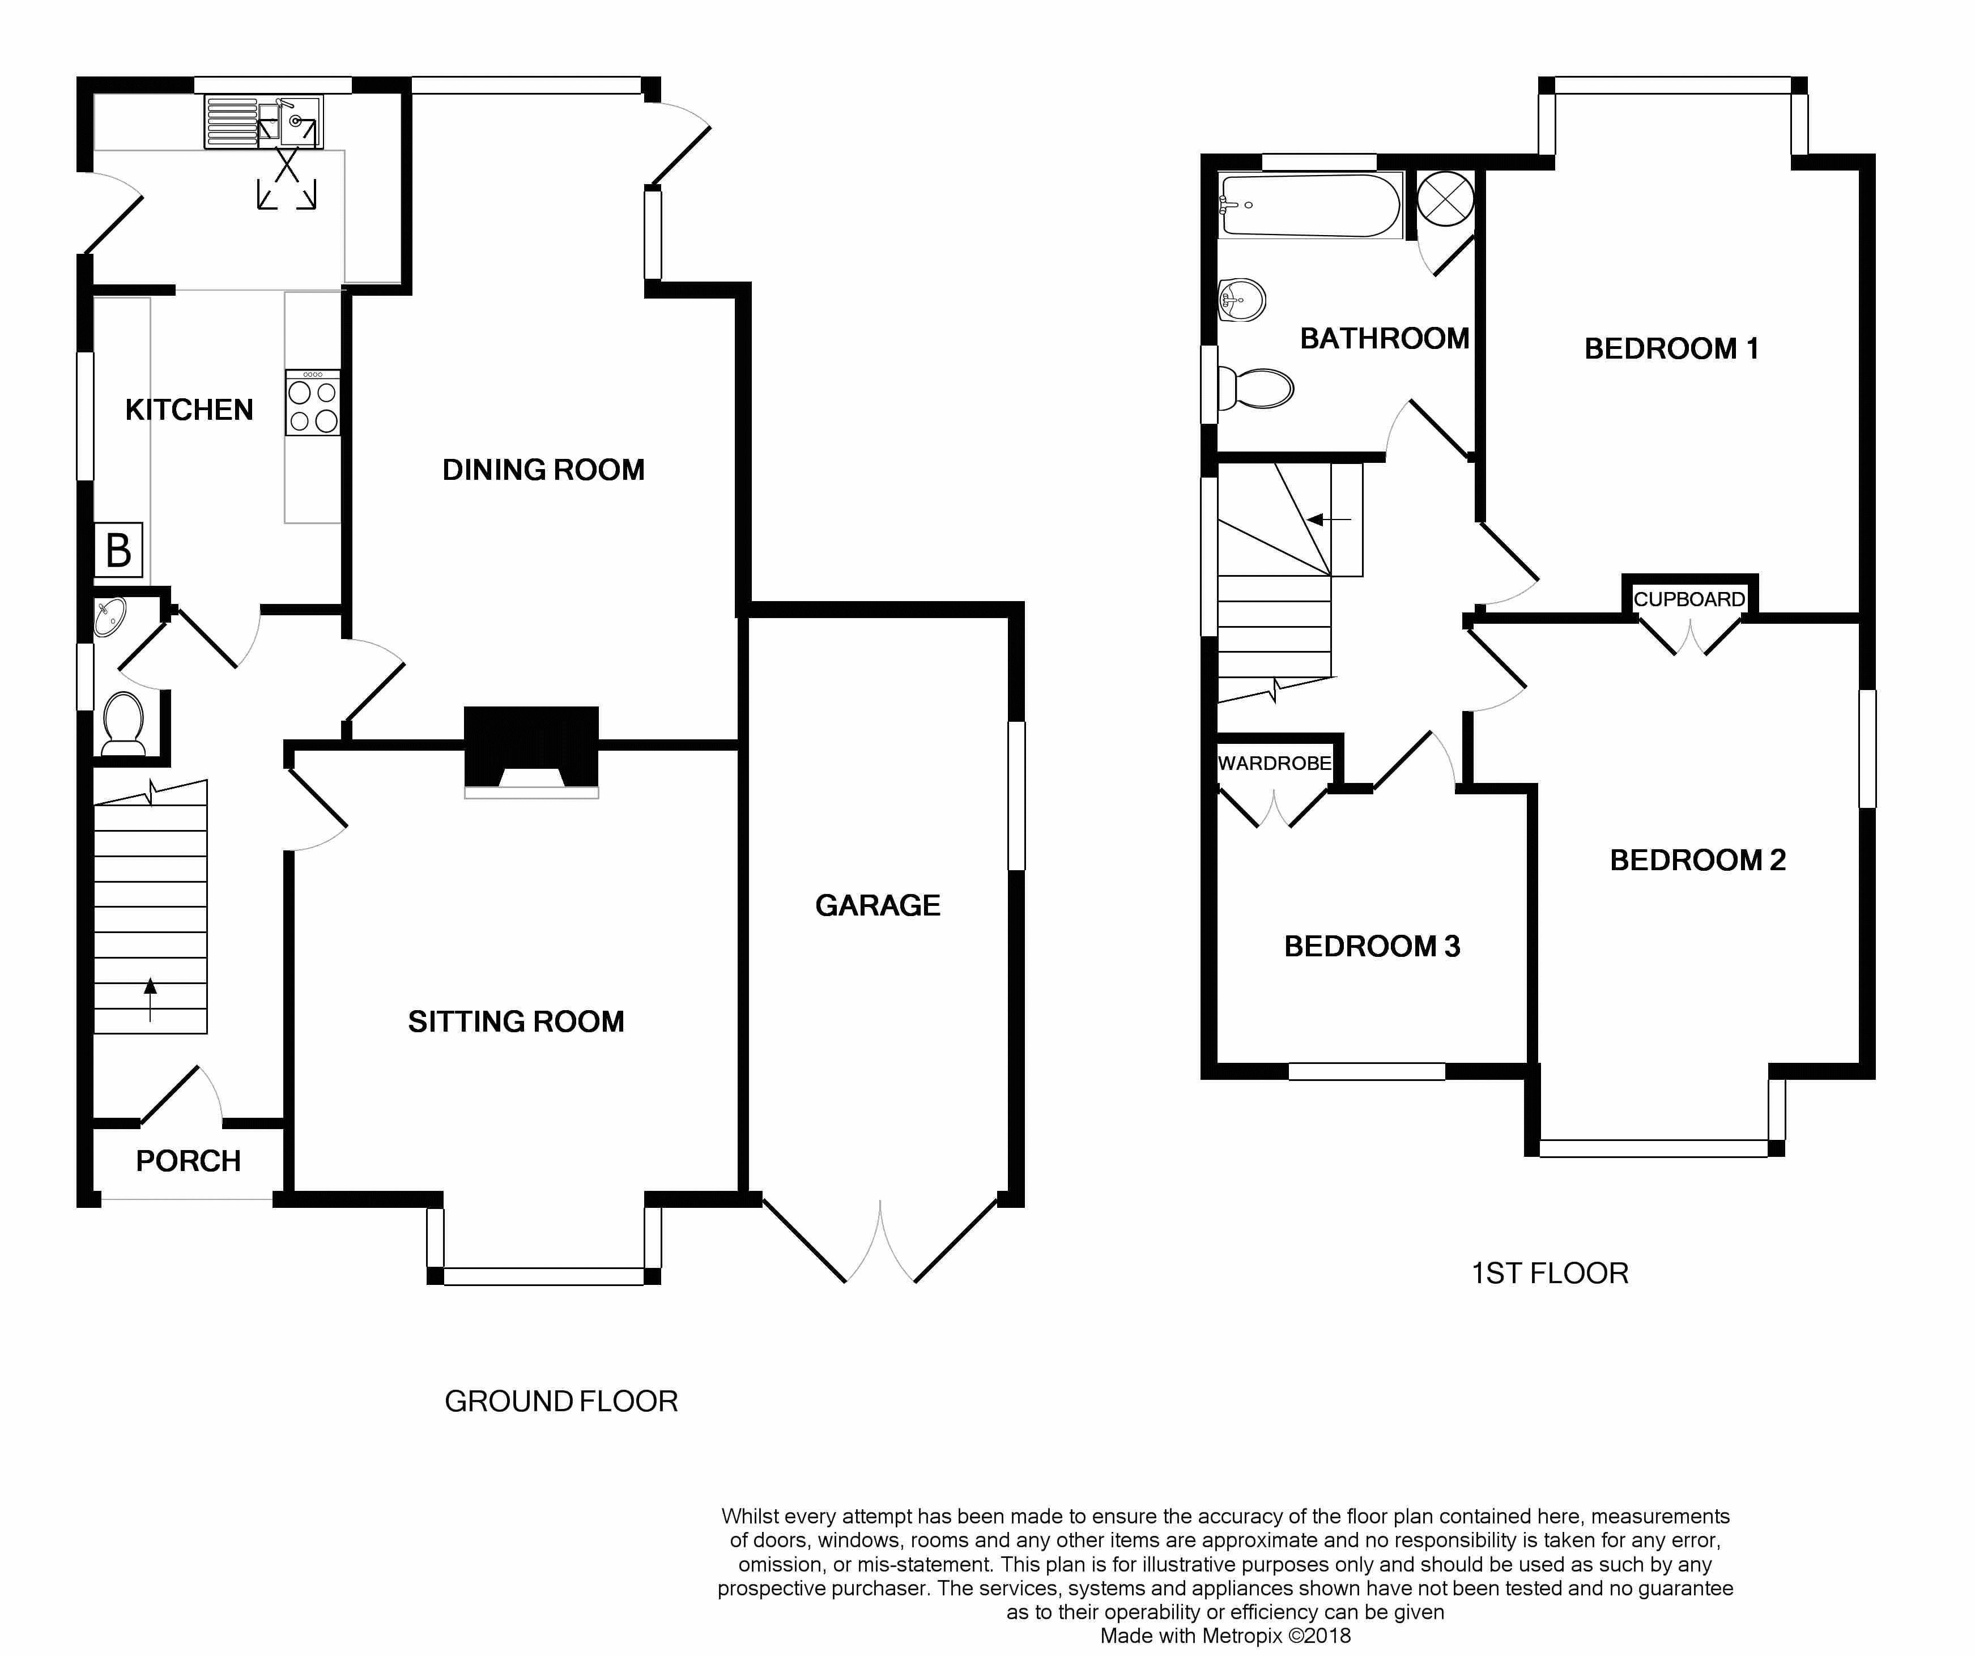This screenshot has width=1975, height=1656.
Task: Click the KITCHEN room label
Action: click(189, 410)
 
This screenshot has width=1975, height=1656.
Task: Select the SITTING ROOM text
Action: click(516, 1021)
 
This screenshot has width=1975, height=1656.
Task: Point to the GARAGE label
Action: click(878, 905)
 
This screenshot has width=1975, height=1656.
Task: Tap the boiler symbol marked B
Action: click(118, 550)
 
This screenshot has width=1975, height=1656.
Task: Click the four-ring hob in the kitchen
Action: click(313, 402)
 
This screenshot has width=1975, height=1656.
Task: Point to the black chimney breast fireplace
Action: click(531, 748)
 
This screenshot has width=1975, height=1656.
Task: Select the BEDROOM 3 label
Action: click(1372, 947)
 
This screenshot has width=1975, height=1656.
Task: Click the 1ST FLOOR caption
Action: click(1550, 1273)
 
